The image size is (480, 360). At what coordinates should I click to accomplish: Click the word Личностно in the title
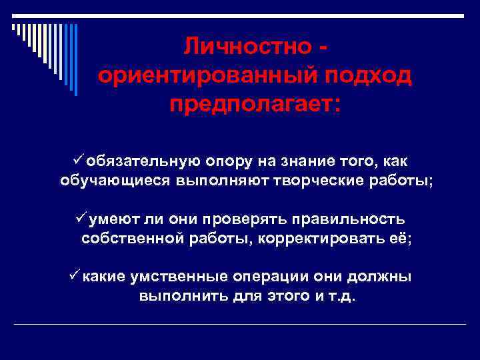click(247, 46)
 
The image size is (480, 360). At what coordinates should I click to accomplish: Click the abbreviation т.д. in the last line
click(344, 296)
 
